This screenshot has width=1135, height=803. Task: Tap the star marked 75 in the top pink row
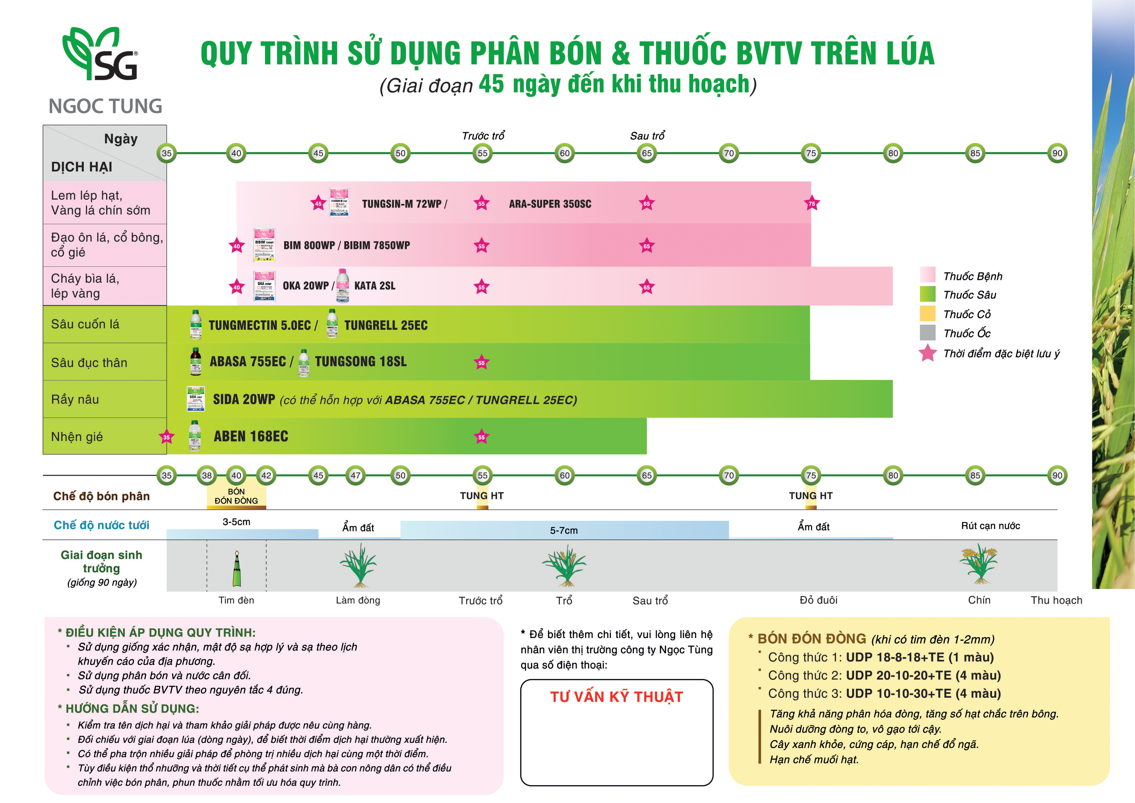(x=811, y=203)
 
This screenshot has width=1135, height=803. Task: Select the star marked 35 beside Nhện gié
(x=167, y=437)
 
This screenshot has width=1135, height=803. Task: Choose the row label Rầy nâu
(x=75, y=399)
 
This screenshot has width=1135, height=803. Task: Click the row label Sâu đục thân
(x=89, y=363)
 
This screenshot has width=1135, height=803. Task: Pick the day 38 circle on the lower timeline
(x=207, y=475)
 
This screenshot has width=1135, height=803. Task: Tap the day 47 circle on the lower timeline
(x=356, y=475)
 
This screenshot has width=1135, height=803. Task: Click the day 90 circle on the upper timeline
(x=1057, y=153)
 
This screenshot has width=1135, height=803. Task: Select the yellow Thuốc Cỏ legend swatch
(x=927, y=313)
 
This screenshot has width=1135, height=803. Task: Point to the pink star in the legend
(x=927, y=353)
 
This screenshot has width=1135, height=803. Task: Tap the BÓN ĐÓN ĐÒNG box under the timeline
(x=236, y=496)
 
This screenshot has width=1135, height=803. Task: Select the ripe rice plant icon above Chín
(x=979, y=564)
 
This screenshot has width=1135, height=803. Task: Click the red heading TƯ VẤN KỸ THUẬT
(x=617, y=697)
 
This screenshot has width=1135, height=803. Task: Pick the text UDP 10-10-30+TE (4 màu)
(x=923, y=693)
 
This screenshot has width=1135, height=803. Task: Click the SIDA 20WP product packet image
(x=196, y=399)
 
